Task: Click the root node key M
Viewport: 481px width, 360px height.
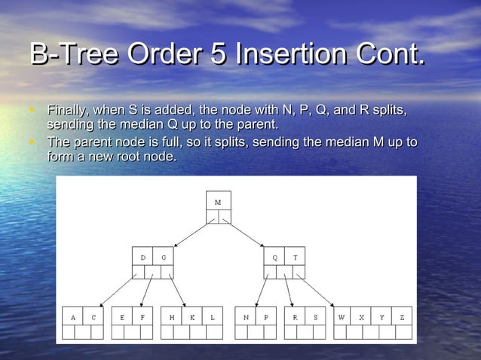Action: (x=218, y=203)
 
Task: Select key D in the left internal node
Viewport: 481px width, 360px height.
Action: (x=143, y=258)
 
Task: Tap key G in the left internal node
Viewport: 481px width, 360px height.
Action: (x=163, y=258)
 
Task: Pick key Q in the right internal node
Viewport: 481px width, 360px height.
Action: (x=274, y=258)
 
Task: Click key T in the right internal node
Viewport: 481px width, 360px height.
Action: (x=295, y=258)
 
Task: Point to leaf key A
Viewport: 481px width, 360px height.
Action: (x=73, y=318)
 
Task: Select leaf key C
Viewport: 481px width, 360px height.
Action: (x=93, y=318)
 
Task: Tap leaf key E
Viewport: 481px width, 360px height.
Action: (x=122, y=318)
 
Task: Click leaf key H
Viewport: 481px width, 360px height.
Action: (x=172, y=318)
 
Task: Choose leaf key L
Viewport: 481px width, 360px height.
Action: (x=213, y=318)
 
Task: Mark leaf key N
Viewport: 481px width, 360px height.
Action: (x=246, y=318)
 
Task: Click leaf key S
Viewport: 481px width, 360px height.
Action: (x=315, y=318)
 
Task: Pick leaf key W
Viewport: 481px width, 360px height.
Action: (x=342, y=318)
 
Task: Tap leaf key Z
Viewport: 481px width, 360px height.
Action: (x=403, y=318)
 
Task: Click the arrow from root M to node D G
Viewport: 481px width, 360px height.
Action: (x=191, y=233)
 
